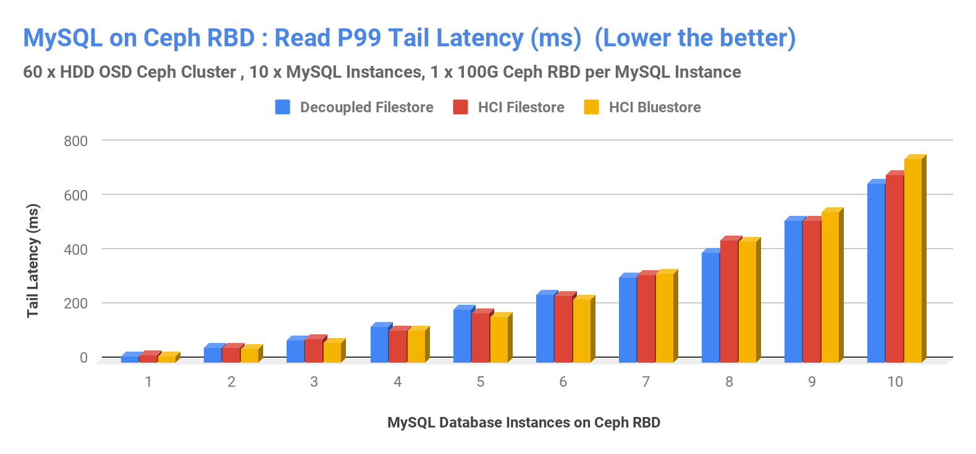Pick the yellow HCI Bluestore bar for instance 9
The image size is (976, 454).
(830, 287)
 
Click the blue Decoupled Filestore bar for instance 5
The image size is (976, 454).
(462, 336)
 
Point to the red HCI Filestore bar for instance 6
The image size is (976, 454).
(563, 329)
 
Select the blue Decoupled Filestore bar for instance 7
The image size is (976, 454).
(628, 320)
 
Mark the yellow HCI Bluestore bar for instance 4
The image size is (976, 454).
(416, 346)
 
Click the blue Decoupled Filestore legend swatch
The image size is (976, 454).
(282, 107)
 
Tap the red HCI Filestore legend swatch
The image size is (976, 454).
(460, 107)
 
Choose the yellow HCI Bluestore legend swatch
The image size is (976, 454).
(591, 107)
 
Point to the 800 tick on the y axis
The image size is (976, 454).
(76, 141)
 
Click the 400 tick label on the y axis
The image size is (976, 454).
(76, 250)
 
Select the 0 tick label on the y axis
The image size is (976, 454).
(83, 358)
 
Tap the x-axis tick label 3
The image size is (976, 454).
(314, 382)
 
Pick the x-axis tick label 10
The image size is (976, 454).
(894, 382)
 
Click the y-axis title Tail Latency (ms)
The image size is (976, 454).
(33, 260)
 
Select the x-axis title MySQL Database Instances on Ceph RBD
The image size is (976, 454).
(523, 423)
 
